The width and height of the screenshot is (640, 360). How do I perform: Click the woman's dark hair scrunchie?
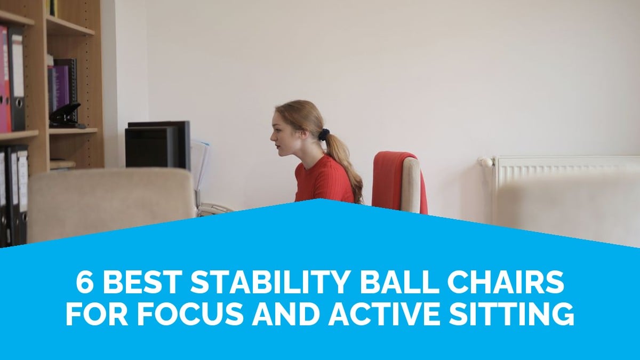coord(324,134)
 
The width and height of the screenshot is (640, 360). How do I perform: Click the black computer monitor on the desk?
coord(158,145)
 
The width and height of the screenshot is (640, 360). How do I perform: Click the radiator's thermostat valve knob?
coord(486,162)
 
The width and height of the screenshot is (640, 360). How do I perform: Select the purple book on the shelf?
coord(60,89)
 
